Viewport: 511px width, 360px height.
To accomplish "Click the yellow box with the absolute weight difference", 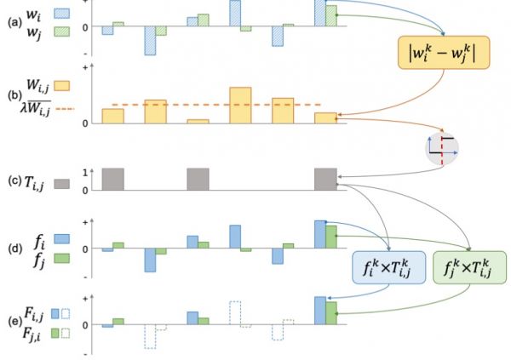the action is tap(444, 53).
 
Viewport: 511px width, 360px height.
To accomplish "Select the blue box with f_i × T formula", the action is tap(388, 267).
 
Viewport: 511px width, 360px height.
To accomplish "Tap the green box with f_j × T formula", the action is tap(469, 267).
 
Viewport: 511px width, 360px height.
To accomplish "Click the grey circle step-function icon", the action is tap(442, 148).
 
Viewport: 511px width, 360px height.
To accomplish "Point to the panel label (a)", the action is tap(15, 22).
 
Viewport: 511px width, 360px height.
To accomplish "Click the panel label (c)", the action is tap(15, 180).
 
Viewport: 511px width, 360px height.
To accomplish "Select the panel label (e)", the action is tap(15, 321).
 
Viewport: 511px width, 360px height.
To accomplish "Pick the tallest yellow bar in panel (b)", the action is tap(240, 106).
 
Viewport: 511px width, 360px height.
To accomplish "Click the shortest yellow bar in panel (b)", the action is tap(198, 122).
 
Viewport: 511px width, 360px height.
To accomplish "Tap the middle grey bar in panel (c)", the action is tap(198, 180).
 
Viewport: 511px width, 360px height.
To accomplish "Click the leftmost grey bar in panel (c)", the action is tap(112, 180).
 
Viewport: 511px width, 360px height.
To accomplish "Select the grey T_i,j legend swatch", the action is tap(61, 184).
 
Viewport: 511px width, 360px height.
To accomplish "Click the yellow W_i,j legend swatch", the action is tap(61, 86).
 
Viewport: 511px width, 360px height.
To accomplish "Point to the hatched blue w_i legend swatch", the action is tap(61, 14).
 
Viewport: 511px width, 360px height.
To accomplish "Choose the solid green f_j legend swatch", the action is tap(61, 258).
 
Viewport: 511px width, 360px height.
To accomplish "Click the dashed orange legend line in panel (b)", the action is tap(66, 109).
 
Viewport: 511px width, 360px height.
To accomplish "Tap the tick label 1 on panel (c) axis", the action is tap(85, 173).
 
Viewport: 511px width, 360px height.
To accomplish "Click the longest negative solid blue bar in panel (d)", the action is tap(150, 260).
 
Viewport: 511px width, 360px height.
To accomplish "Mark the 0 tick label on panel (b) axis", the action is tap(85, 123).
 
